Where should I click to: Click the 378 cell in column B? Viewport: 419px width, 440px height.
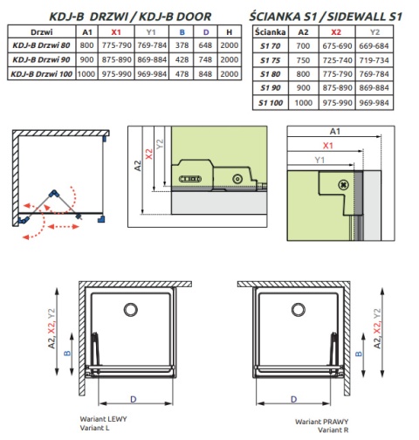pos(182,45)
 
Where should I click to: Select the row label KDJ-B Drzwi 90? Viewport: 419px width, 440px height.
pos(41,59)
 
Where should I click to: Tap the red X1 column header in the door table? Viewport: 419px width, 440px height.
pos(116,32)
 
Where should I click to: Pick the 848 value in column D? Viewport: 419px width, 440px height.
pos(205,74)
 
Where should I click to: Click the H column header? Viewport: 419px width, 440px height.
pos(230,32)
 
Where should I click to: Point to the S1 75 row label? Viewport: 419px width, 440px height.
pos(271,60)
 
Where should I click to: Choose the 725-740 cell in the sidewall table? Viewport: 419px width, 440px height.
pos(337,60)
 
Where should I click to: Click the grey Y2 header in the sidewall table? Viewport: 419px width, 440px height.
pos(374,32)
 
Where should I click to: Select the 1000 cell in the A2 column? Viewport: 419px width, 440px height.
pos(303,103)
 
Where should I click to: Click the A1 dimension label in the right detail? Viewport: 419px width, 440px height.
pos(335,132)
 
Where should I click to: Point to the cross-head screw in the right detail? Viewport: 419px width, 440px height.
pos(344,185)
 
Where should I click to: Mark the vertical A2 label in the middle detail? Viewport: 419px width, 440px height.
pos(138,166)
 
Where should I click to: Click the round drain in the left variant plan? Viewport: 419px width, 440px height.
pos(131,310)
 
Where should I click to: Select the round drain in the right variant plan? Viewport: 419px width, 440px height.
pos(299,310)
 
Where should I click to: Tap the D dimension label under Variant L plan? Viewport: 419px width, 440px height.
pos(134,399)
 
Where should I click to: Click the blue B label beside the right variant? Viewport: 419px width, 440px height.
pos(359,354)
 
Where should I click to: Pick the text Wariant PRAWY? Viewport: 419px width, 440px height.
pos(321,422)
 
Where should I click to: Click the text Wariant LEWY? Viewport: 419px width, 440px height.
pos(103,419)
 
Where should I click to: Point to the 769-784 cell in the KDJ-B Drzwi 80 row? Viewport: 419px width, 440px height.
pos(152,45)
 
